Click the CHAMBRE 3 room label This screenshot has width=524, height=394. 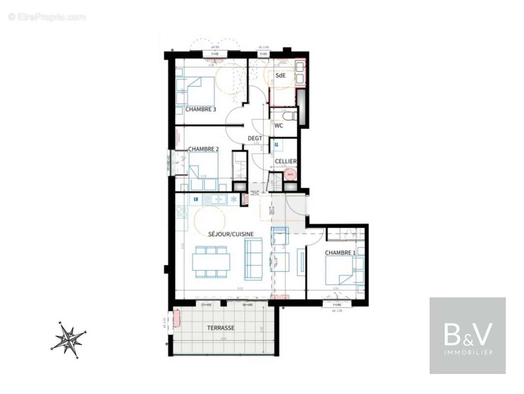[x=201, y=109]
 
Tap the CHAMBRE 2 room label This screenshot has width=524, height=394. [x=204, y=149]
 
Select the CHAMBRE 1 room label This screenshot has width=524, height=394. [x=340, y=253]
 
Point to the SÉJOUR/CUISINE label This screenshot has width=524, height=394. [x=231, y=234]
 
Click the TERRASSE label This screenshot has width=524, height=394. [x=221, y=328]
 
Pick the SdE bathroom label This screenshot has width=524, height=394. [x=280, y=75]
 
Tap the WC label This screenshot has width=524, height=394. [x=279, y=126]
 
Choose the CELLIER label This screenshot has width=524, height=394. [x=285, y=161]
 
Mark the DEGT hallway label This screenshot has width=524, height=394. [x=255, y=138]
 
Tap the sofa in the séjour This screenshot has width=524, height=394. [x=254, y=259]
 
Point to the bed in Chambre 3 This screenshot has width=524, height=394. [x=199, y=91]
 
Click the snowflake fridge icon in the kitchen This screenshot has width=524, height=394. [x=233, y=199]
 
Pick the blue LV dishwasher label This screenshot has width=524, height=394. [x=196, y=199]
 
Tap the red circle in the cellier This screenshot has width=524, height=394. [x=290, y=174]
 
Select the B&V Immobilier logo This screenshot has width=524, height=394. [x=467, y=335]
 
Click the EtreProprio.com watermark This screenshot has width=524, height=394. [x=47, y=17]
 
